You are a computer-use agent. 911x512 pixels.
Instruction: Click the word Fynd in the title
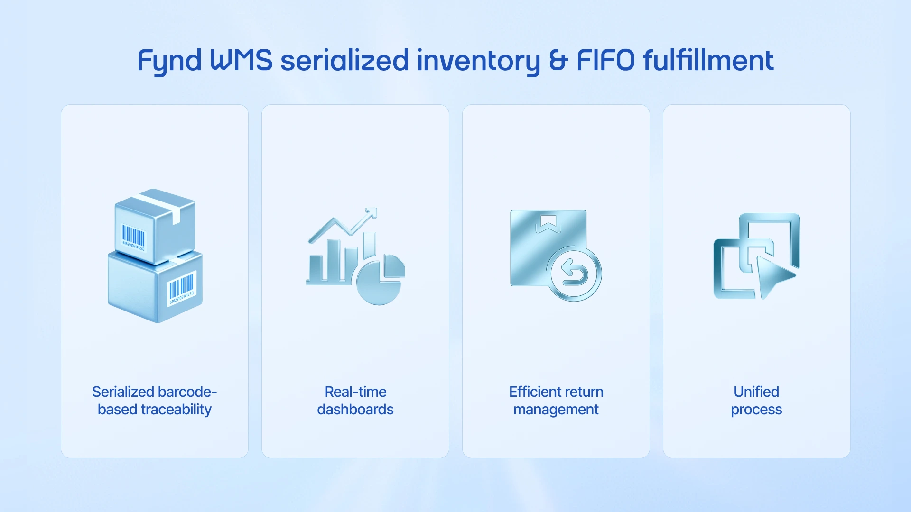click(x=169, y=61)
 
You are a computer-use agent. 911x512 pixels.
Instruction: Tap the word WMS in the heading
click(x=241, y=60)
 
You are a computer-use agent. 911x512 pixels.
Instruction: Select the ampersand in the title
click(x=558, y=60)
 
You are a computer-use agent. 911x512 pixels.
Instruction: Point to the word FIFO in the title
click(x=605, y=60)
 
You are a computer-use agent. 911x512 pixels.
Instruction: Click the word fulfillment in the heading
click(x=708, y=60)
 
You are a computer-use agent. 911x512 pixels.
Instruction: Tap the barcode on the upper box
click(x=133, y=237)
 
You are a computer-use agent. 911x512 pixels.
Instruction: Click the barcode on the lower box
click(x=181, y=287)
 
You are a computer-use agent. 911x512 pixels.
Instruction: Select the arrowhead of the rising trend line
click(x=372, y=213)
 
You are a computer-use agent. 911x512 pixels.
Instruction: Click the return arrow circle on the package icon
click(x=574, y=274)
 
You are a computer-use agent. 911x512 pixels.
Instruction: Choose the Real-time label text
click(x=355, y=392)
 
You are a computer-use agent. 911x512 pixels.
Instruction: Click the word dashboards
click(x=355, y=410)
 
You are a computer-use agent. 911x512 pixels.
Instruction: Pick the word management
click(x=556, y=410)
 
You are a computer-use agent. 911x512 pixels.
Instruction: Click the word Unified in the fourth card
click(x=756, y=392)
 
